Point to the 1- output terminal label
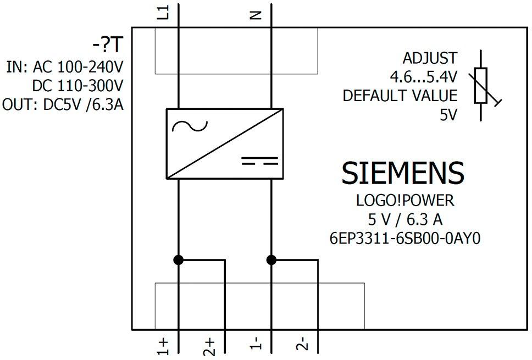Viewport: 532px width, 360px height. pos(256,344)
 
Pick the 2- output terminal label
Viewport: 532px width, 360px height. pos(303,344)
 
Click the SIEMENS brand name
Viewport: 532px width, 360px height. pos(403,173)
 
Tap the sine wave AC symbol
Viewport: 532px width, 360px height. pos(190,126)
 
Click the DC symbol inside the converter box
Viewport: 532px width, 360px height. pos(259,161)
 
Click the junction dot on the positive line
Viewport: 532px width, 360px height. pos(179,260)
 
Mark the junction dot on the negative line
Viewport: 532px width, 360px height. pos(271,260)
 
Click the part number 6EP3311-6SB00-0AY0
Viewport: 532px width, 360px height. pos(405,239)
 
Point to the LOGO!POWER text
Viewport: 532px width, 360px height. pos(405,201)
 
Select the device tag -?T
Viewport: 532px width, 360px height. pos(107,45)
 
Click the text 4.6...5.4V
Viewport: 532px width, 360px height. pos(423,77)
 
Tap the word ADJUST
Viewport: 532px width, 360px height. pos(430,58)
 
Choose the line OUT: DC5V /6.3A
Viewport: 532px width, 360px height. pos(63,105)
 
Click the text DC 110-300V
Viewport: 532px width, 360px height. pos(77,86)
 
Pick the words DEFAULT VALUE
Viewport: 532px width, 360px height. pos(400,96)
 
